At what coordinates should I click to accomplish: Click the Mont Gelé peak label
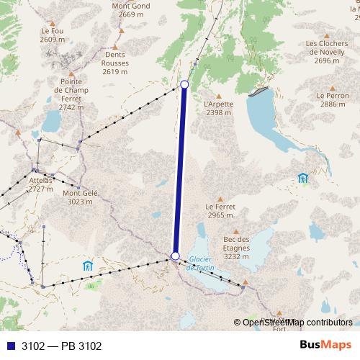click(x=80, y=197)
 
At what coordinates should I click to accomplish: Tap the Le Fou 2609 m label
click(x=53, y=35)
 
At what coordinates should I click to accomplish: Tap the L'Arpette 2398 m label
click(x=219, y=108)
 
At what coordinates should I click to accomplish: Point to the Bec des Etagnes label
click(x=236, y=248)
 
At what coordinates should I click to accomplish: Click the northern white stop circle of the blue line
click(x=184, y=85)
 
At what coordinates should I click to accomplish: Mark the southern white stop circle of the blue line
click(x=175, y=256)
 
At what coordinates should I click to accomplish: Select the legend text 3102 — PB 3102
click(x=61, y=346)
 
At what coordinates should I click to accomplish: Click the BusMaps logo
click(x=325, y=346)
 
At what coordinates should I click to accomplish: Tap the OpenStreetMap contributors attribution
click(x=297, y=323)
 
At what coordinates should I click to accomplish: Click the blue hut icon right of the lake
click(x=302, y=178)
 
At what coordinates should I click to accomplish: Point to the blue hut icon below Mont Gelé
click(x=88, y=265)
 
